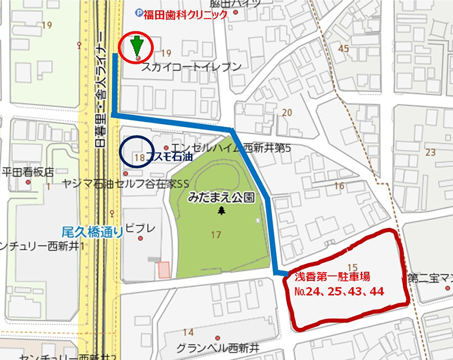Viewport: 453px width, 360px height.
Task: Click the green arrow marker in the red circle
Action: (137, 47)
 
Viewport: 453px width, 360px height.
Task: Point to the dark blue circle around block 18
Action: (137, 152)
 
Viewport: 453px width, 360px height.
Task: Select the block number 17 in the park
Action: (216, 234)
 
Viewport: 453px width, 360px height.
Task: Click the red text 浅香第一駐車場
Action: (333, 277)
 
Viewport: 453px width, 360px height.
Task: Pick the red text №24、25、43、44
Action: (339, 292)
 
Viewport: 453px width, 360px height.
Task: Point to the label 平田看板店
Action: (28, 172)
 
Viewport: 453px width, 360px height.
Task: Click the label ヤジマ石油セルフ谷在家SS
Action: (126, 184)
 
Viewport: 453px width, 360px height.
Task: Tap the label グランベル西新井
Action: (217, 348)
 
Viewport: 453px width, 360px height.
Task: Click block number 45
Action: (343, 49)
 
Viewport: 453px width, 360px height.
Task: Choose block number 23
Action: (431, 152)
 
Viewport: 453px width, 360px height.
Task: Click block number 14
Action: (188, 332)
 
